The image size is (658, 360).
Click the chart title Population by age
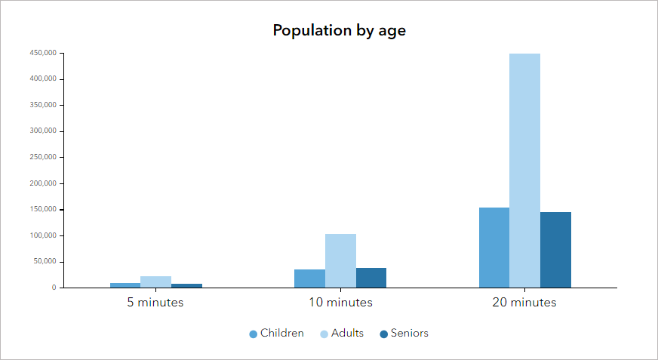(x=340, y=31)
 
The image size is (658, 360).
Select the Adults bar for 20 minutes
(x=524, y=171)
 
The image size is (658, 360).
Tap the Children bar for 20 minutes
(x=493, y=248)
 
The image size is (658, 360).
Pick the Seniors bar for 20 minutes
(x=555, y=250)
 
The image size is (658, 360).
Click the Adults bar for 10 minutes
(x=340, y=260)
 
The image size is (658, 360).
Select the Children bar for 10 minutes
(x=309, y=278)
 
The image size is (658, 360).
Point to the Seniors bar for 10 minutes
(x=371, y=278)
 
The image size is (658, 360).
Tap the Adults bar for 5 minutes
(x=155, y=282)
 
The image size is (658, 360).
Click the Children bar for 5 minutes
(x=125, y=285)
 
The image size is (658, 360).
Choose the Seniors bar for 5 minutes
(x=186, y=285)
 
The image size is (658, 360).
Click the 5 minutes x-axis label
(x=155, y=303)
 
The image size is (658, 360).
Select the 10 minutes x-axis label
(x=340, y=303)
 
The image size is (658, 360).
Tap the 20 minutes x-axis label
(x=524, y=303)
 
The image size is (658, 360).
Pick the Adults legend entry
(x=342, y=334)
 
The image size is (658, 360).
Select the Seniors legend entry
(x=404, y=334)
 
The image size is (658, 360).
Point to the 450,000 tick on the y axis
(x=42, y=53)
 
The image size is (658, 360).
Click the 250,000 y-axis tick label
(x=42, y=157)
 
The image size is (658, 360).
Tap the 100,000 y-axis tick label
(x=42, y=235)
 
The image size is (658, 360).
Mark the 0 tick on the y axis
(x=54, y=288)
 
